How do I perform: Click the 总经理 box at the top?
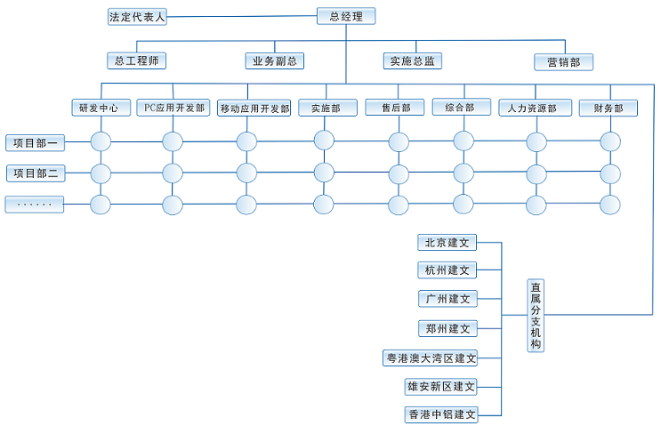click(x=346, y=16)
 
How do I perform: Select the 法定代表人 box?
click(x=137, y=16)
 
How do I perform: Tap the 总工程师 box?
click(x=136, y=60)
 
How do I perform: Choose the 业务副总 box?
click(x=275, y=60)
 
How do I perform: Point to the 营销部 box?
click(x=564, y=61)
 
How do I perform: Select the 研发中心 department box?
click(x=99, y=108)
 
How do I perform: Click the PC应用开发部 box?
click(x=174, y=108)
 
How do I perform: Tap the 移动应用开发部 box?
click(x=254, y=109)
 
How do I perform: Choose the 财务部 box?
click(x=608, y=109)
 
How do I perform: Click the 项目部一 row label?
click(x=36, y=142)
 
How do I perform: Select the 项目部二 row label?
click(x=36, y=173)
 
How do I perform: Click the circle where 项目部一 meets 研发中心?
click(x=100, y=141)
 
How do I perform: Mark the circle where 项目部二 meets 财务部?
click(x=610, y=173)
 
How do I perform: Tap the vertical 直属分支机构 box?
click(x=536, y=315)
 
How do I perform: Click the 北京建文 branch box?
click(x=447, y=242)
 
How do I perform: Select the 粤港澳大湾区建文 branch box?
click(x=431, y=358)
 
